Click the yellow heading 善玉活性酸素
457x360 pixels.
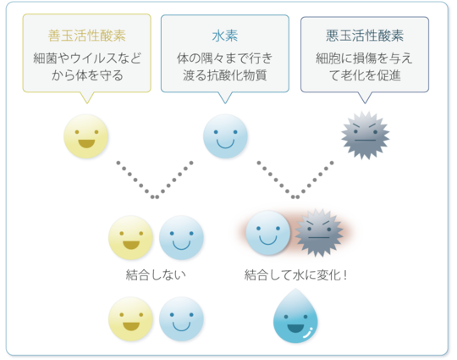87,36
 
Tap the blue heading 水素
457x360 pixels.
225,36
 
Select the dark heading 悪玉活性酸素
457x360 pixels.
365,36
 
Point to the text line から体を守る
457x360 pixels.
87,75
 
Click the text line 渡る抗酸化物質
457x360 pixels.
225,75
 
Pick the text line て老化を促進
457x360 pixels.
365,75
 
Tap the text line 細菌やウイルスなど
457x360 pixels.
87,58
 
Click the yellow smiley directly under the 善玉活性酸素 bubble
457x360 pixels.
86,136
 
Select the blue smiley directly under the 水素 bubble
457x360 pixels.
225,136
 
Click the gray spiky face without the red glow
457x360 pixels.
366,136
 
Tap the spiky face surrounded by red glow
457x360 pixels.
319,232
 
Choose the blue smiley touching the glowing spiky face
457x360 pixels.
268,233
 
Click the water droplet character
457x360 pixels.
295,316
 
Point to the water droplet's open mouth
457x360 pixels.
295,328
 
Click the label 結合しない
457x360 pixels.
156,274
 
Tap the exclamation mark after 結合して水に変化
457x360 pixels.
345,274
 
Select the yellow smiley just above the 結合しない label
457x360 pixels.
130,238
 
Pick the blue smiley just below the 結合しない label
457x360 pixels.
181,318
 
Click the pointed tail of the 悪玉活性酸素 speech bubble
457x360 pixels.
365,103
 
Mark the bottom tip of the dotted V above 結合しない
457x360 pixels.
155,197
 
